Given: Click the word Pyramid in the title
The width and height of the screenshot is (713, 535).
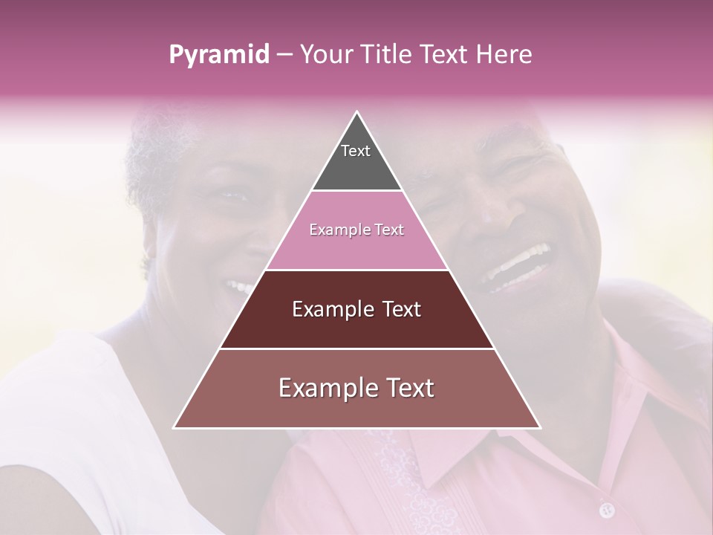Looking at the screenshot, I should click(218, 55).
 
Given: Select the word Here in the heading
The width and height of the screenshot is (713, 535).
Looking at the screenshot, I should click(505, 54).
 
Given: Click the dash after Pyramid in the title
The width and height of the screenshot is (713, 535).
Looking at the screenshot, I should click(284, 55).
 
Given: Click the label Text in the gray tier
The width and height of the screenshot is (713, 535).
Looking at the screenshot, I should click(355, 151).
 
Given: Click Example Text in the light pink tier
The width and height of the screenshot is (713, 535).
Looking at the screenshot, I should click(356, 230).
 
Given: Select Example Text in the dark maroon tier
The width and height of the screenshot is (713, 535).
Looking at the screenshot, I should click(356, 309).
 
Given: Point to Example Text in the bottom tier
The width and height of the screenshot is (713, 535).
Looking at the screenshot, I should click(356, 388).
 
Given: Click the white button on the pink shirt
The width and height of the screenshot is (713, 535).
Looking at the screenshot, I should click(607, 510).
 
